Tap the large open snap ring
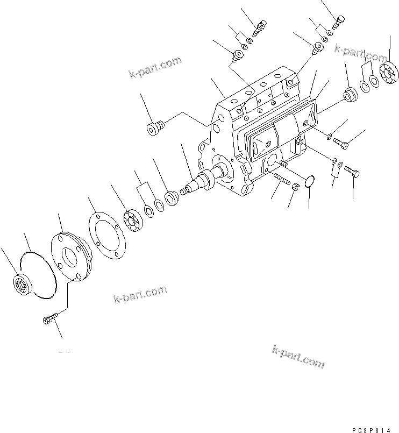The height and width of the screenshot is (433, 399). [x=37, y=275]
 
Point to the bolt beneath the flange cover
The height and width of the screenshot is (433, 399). [x=47, y=321]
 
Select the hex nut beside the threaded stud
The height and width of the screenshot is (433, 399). [x=295, y=187]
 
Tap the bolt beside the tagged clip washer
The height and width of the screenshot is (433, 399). [x=352, y=171]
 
